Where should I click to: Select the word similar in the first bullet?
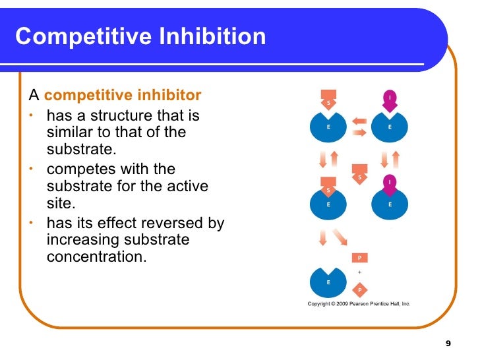[71, 133]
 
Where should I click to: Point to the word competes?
[82, 170]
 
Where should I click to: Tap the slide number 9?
[448, 344]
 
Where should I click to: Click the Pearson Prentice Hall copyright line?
[359, 304]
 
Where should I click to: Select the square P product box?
[360, 258]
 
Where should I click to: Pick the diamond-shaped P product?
[360, 289]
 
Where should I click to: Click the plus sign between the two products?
[360, 272]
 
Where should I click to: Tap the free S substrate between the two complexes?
[360, 174]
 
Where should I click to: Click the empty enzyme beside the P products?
[328, 282]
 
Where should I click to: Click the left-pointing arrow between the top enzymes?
[359, 121]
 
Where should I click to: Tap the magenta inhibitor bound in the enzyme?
[390, 184]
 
